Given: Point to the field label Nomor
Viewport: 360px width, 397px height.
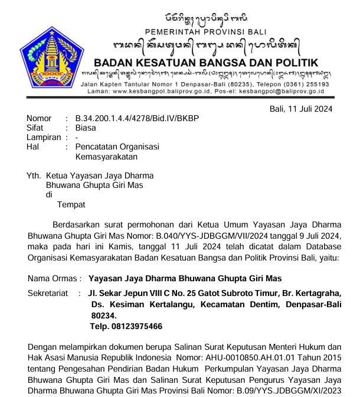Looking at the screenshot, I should (x=39, y=118).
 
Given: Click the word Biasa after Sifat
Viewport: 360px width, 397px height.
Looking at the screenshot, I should (x=86, y=128).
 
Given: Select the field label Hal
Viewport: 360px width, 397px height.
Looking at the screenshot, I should (x=33, y=147).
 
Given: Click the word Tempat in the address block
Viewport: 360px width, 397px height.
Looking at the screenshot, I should (x=71, y=204).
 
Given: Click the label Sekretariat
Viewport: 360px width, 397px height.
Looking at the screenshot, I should (x=50, y=294).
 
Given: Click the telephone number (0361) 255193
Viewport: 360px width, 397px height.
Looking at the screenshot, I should (x=302, y=84).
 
